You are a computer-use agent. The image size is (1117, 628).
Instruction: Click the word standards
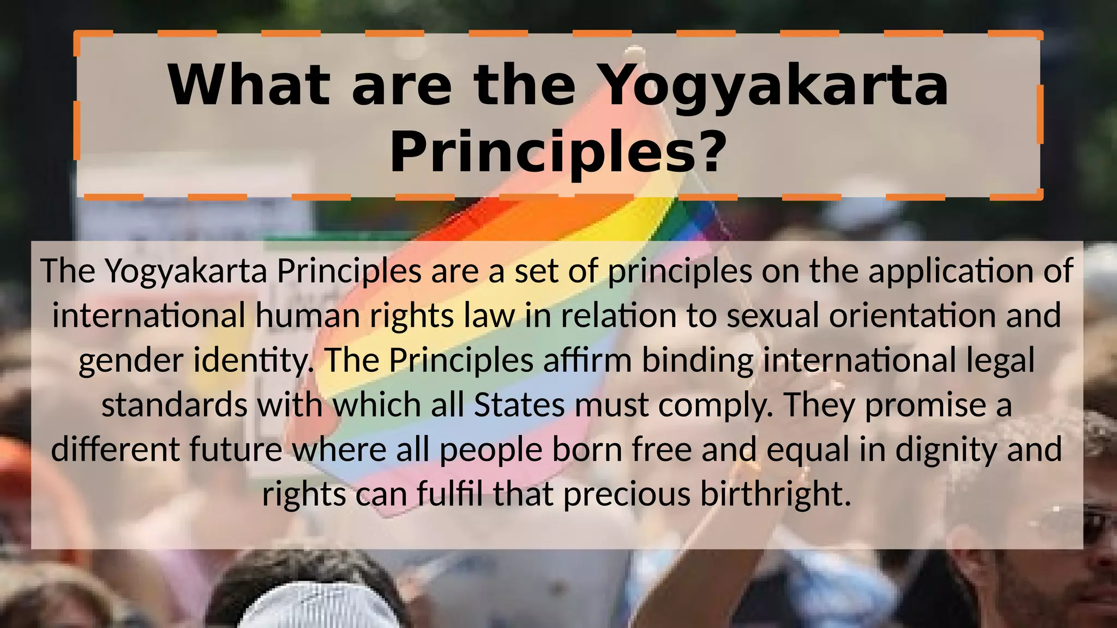click(x=175, y=405)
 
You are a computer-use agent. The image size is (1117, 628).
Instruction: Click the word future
click(x=236, y=450)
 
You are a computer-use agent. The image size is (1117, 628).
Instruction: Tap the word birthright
click(x=775, y=494)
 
